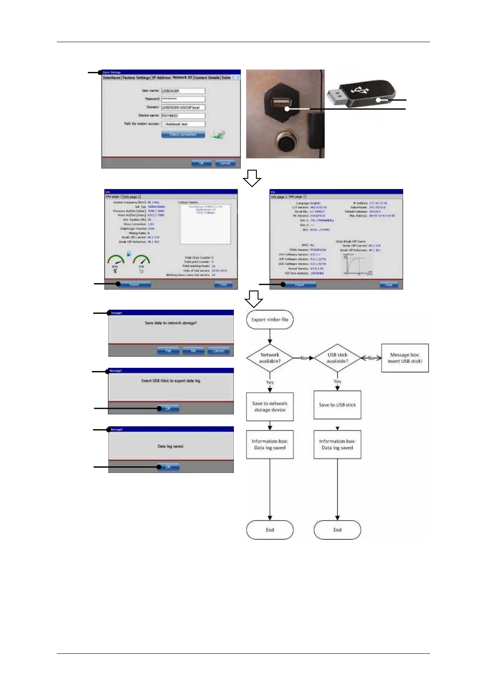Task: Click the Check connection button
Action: [183, 135]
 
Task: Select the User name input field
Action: [183, 91]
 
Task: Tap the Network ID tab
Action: [182, 77]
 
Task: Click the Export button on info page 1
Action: [134, 284]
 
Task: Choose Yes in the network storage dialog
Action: [168, 351]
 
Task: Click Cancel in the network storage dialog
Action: [218, 351]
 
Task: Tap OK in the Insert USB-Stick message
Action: [168, 408]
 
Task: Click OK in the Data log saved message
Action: [168, 467]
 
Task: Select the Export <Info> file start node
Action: [270, 320]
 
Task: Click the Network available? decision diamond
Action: [270, 358]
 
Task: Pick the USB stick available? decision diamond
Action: [337, 358]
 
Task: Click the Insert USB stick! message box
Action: [405, 358]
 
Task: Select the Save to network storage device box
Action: [270, 407]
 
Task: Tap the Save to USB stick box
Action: [337, 405]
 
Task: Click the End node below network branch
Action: [270, 530]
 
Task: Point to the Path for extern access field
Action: [183, 124]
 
